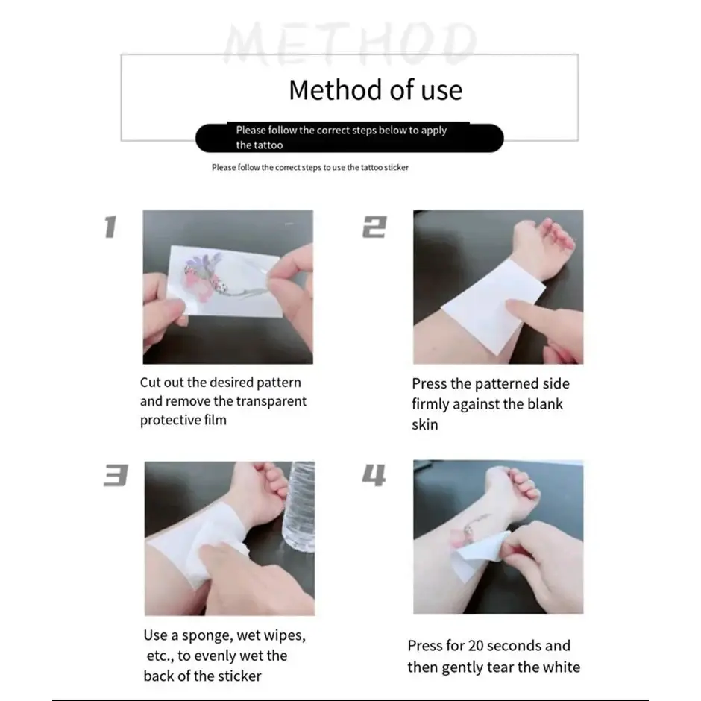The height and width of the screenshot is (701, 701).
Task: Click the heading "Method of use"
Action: click(x=376, y=89)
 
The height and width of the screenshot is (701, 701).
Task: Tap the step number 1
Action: click(x=110, y=227)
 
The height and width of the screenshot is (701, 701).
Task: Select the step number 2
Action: click(x=374, y=227)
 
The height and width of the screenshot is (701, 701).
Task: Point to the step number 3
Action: click(x=116, y=475)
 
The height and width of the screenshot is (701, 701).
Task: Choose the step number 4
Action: click(x=374, y=475)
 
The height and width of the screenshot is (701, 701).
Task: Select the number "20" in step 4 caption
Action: click(x=476, y=646)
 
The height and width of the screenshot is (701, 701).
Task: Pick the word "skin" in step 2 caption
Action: click(x=425, y=424)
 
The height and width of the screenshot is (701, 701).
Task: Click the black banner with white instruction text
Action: click(x=350, y=138)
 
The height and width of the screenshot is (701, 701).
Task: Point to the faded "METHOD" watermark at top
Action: click(x=350, y=43)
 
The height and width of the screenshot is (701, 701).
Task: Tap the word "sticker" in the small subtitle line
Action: click(x=397, y=168)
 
